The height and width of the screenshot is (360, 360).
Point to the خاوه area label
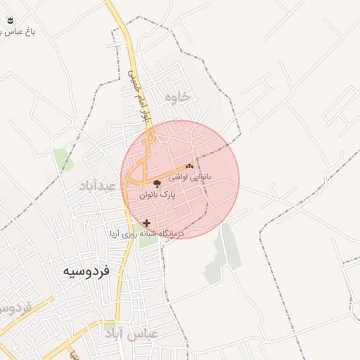click(176, 98)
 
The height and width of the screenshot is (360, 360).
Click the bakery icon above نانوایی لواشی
click(189, 167)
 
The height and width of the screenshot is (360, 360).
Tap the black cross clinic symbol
click(146, 223)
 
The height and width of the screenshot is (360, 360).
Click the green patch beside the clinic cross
click(148, 240)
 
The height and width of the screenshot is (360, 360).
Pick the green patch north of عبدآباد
click(63, 158)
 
